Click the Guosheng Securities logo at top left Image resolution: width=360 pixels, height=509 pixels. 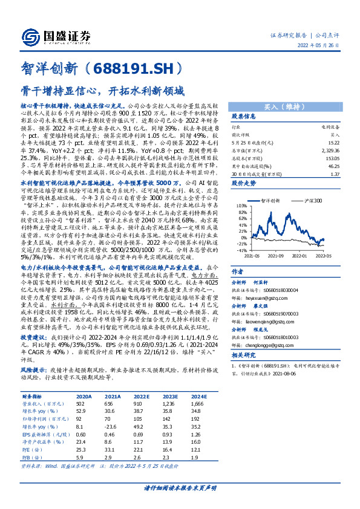coord(55,36)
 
